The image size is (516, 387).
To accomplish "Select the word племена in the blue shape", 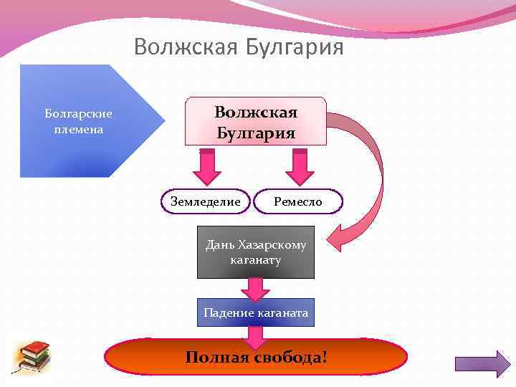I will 78,130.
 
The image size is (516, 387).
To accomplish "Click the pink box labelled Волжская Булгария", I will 256,123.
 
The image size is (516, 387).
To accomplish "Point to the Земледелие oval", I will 205,202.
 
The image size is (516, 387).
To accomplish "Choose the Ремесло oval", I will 298,202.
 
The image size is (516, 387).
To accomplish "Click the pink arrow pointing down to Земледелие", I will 206,168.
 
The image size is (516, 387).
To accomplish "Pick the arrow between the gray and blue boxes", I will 255,288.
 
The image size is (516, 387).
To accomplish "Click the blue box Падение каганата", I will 256,312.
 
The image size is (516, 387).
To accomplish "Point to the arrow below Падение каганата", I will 256,335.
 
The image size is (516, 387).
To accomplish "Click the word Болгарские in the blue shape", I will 78,114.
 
